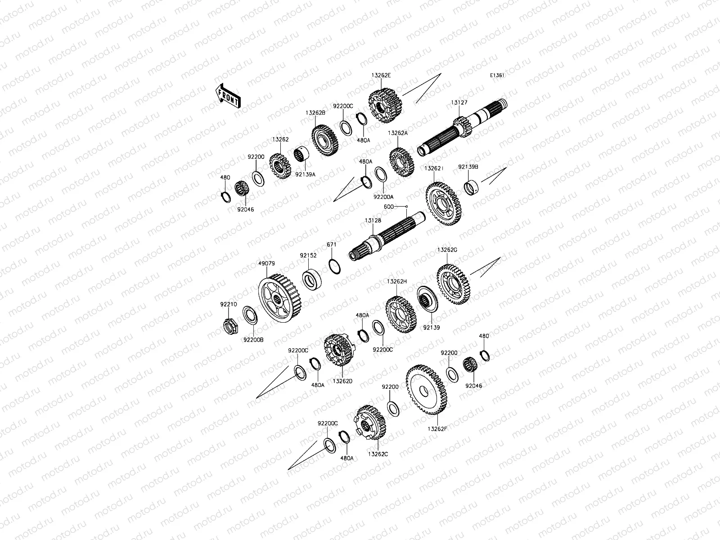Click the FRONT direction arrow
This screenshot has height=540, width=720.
pos(228,96)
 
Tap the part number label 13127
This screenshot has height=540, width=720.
pos(459,103)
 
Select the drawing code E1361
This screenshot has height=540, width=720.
pos(497,76)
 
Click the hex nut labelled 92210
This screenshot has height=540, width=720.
pos(230,326)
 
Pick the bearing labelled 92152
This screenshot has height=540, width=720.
pos(311,279)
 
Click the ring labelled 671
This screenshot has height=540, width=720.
pos(334,266)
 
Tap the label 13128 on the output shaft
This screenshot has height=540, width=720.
pos(373,220)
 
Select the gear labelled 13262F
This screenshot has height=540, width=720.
pos(426,390)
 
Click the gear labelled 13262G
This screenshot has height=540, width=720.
pos(454,284)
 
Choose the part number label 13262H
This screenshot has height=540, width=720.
pos(396,281)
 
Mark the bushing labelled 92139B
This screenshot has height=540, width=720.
pos(471,187)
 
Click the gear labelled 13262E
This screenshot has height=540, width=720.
pos(385,105)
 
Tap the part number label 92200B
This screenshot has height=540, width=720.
pos(253,340)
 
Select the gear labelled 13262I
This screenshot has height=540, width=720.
pos(443,204)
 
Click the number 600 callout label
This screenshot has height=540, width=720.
pos(389,207)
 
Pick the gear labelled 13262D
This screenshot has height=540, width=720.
pos(339,350)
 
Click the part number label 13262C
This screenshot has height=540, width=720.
pos(378,454)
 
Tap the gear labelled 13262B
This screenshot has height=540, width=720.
pos(325,140)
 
